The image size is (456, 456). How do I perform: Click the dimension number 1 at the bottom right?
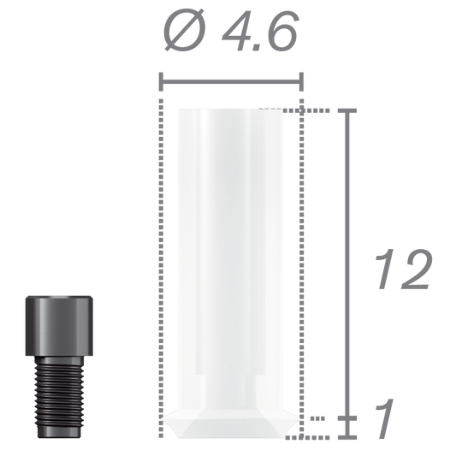tap(384, 419)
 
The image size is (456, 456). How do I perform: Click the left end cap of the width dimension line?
tap(163, 83)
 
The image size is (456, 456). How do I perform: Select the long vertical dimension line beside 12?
tap(346, 257)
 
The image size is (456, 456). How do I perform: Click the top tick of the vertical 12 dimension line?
tap(346, 110)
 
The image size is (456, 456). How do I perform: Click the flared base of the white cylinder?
tap(232, 428)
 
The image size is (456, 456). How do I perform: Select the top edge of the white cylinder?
tap(232, 110)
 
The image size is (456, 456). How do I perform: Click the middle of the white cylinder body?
tap(232, 257)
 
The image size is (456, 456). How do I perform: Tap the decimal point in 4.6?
tap(258, 50)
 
